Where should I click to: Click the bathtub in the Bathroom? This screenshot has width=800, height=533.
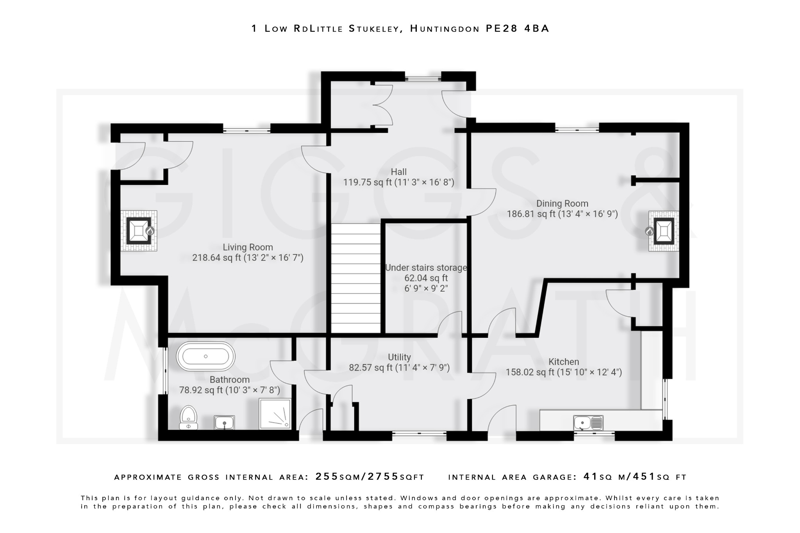click(205, 356)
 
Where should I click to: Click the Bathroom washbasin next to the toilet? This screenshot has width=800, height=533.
click(224, 422)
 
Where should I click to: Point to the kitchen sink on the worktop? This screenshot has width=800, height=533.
click(588, 422)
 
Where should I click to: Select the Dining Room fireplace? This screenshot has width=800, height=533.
click(663, 231)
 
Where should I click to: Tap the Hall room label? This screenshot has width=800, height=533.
click(398, 172)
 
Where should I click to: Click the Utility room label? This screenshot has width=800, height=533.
click(399, 357)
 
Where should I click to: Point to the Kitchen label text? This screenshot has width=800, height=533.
click(563, 362)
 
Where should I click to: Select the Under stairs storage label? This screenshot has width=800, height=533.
click(426, 268)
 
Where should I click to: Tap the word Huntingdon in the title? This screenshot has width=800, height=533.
click(445, 29)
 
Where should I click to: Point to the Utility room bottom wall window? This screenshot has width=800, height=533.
click(419, 433)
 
